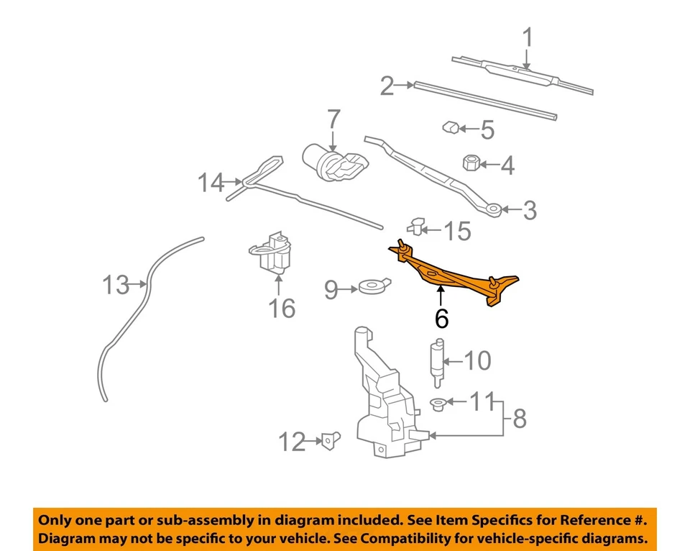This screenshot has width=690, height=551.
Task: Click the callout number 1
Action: [528, 37]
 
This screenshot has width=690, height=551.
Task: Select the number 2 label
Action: [387, 86]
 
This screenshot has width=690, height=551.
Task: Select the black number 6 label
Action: [441, 317]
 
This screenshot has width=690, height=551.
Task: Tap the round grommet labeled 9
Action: [372, 288]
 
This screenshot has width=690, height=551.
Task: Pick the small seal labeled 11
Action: [437, 404]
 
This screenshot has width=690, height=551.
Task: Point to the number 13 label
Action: [115, 285]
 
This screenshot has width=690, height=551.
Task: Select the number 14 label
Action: [211, 183]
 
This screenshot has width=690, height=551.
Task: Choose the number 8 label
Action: [519, 418]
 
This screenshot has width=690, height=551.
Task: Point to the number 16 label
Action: [281, 309]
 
